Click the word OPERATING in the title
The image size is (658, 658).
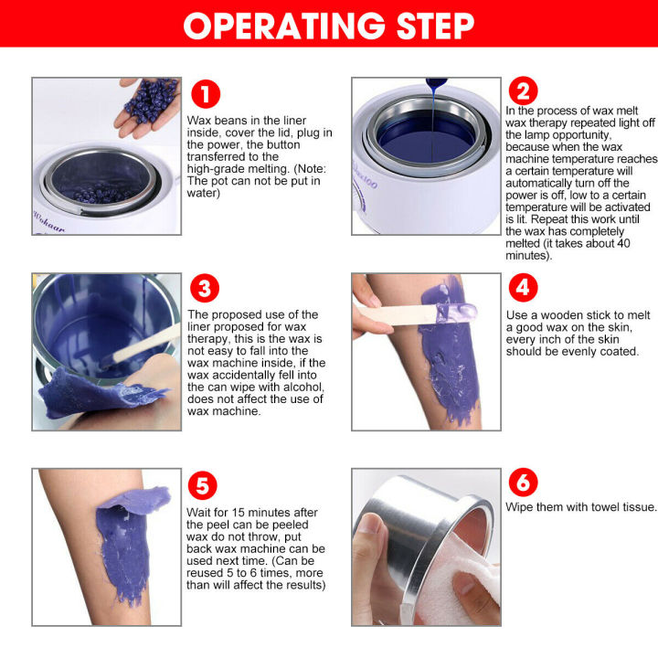[282, 26]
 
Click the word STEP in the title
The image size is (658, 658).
[428, 26]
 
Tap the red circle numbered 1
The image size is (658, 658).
[206, 96]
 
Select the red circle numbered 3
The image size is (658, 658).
[206, 290]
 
